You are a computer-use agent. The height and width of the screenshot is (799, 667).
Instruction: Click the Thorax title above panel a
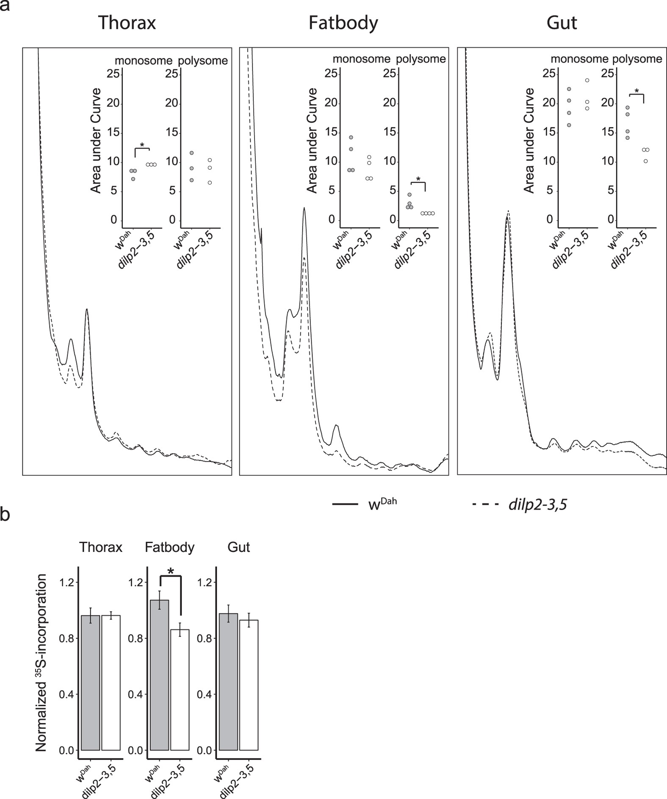tap(127, 23)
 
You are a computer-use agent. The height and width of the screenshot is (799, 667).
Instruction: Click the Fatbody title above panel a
tap(343, 23)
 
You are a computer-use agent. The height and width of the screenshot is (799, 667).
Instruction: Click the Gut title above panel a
tap(562, 23)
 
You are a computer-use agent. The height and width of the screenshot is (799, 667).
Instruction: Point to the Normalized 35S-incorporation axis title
tap(41, 663)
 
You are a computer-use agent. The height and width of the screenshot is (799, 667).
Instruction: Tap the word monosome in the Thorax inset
tap(144, 61)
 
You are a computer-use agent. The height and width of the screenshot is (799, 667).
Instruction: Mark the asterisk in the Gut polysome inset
tap(637, 91)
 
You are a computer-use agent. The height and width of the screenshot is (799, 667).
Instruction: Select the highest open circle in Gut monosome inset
tap(587, 80)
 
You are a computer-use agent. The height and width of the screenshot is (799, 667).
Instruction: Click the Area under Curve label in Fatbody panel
tap(313, 141)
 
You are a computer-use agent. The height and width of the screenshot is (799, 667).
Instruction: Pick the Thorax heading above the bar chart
tap(101, 547)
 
